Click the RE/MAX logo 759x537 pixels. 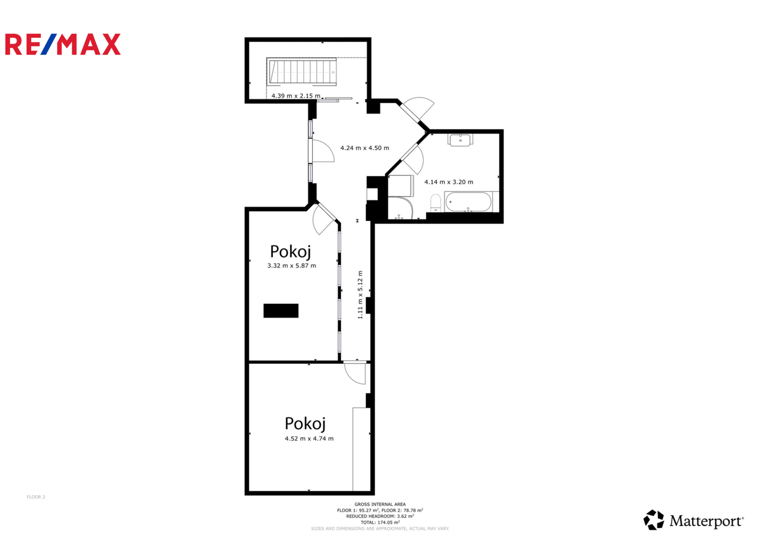pyautogui.click(x=63, y=44)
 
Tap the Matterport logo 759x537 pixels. pyautogui.click(x=693, y=520)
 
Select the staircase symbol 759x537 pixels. pyautogui.click(x=302, y=72)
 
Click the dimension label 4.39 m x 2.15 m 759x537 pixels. pyautogui.click(x=296, y=96)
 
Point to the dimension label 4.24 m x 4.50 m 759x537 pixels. pyautogui.click(x=365, y=148)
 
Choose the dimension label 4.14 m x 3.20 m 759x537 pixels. pyautogui.click(x=449, y=182)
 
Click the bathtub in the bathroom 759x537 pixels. pyautogui.click(x=468, y=202)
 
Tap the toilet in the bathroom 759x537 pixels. pyautogui.click(x=435, y=203)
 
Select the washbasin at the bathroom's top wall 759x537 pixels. pyautogui.click(x=460, y=140)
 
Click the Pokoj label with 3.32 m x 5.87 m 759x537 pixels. pyautogui.click(x=290, y=252)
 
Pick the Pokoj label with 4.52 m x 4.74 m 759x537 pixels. pyautogui.click(x=305, y=424)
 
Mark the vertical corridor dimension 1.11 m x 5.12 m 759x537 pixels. pyautogui.click(x=360, y=294)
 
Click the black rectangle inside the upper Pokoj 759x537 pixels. pyautogui.click(x=281, y=311)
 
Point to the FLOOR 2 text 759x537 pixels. pyautogui.click(x=36, y=497)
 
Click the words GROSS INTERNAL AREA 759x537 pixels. pyautogui.click(x=380, y=504)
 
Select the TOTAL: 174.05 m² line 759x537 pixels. pyautogui.click(x=380, y=522)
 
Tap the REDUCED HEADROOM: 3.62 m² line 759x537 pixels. pyautogui.click(x=380, y=516)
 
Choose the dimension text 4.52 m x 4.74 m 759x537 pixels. pyautogui.click(x=309, y=439)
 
